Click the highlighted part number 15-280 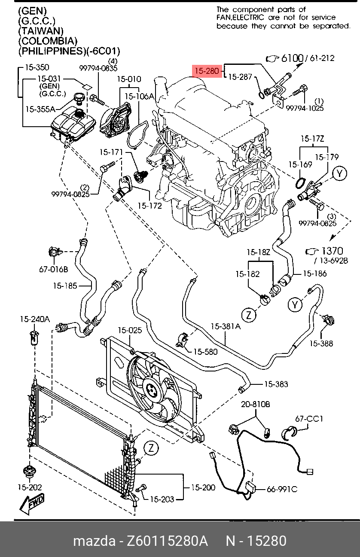click(207, 71)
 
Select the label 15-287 click(240, 77)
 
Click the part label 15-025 click(129, 330)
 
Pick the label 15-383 click(276, 384)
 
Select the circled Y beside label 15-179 click(340, 173)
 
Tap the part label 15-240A click(35, 319)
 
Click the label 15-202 click(30, 487)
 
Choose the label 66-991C click(282, 489)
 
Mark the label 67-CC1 click(309, 419)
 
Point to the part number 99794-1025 click(305, 109)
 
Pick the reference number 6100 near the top click(293, 58)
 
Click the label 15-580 click(205, 352)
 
